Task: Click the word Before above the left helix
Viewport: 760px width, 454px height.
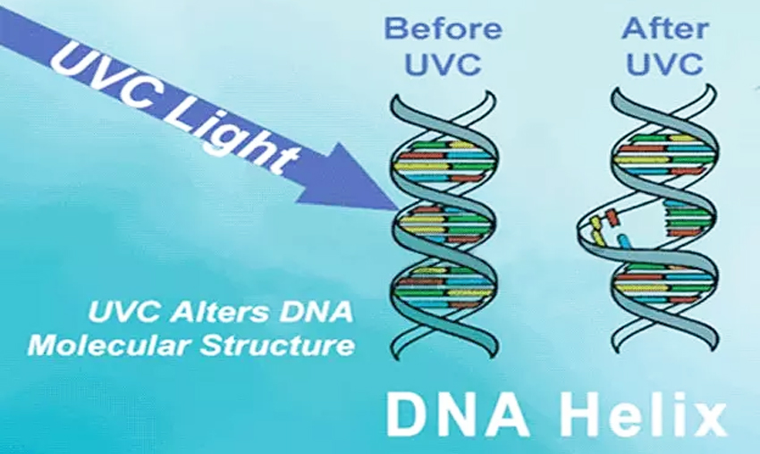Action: tap(443, 29)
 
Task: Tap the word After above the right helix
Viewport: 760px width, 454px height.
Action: tap(665, 29)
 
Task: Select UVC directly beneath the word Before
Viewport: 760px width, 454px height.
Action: tap(443, 64)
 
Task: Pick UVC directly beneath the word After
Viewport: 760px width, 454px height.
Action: tap(664, 64)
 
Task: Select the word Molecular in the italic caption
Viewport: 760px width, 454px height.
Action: tap(110, 346)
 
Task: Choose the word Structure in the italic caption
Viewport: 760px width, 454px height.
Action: tap(277, 346)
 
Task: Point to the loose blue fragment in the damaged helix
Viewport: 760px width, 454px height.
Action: tap(624, 240)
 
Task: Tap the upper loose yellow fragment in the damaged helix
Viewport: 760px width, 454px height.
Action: tap(595, 223)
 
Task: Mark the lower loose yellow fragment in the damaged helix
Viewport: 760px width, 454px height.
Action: tap(596, 237)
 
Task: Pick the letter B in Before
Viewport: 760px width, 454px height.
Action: tap(394, 29)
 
